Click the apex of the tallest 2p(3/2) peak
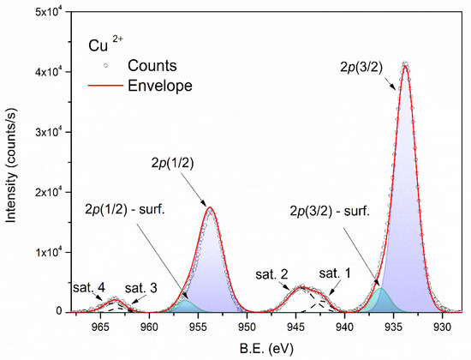(x=405, y=63)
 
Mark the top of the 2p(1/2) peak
(x=209, y=207)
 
